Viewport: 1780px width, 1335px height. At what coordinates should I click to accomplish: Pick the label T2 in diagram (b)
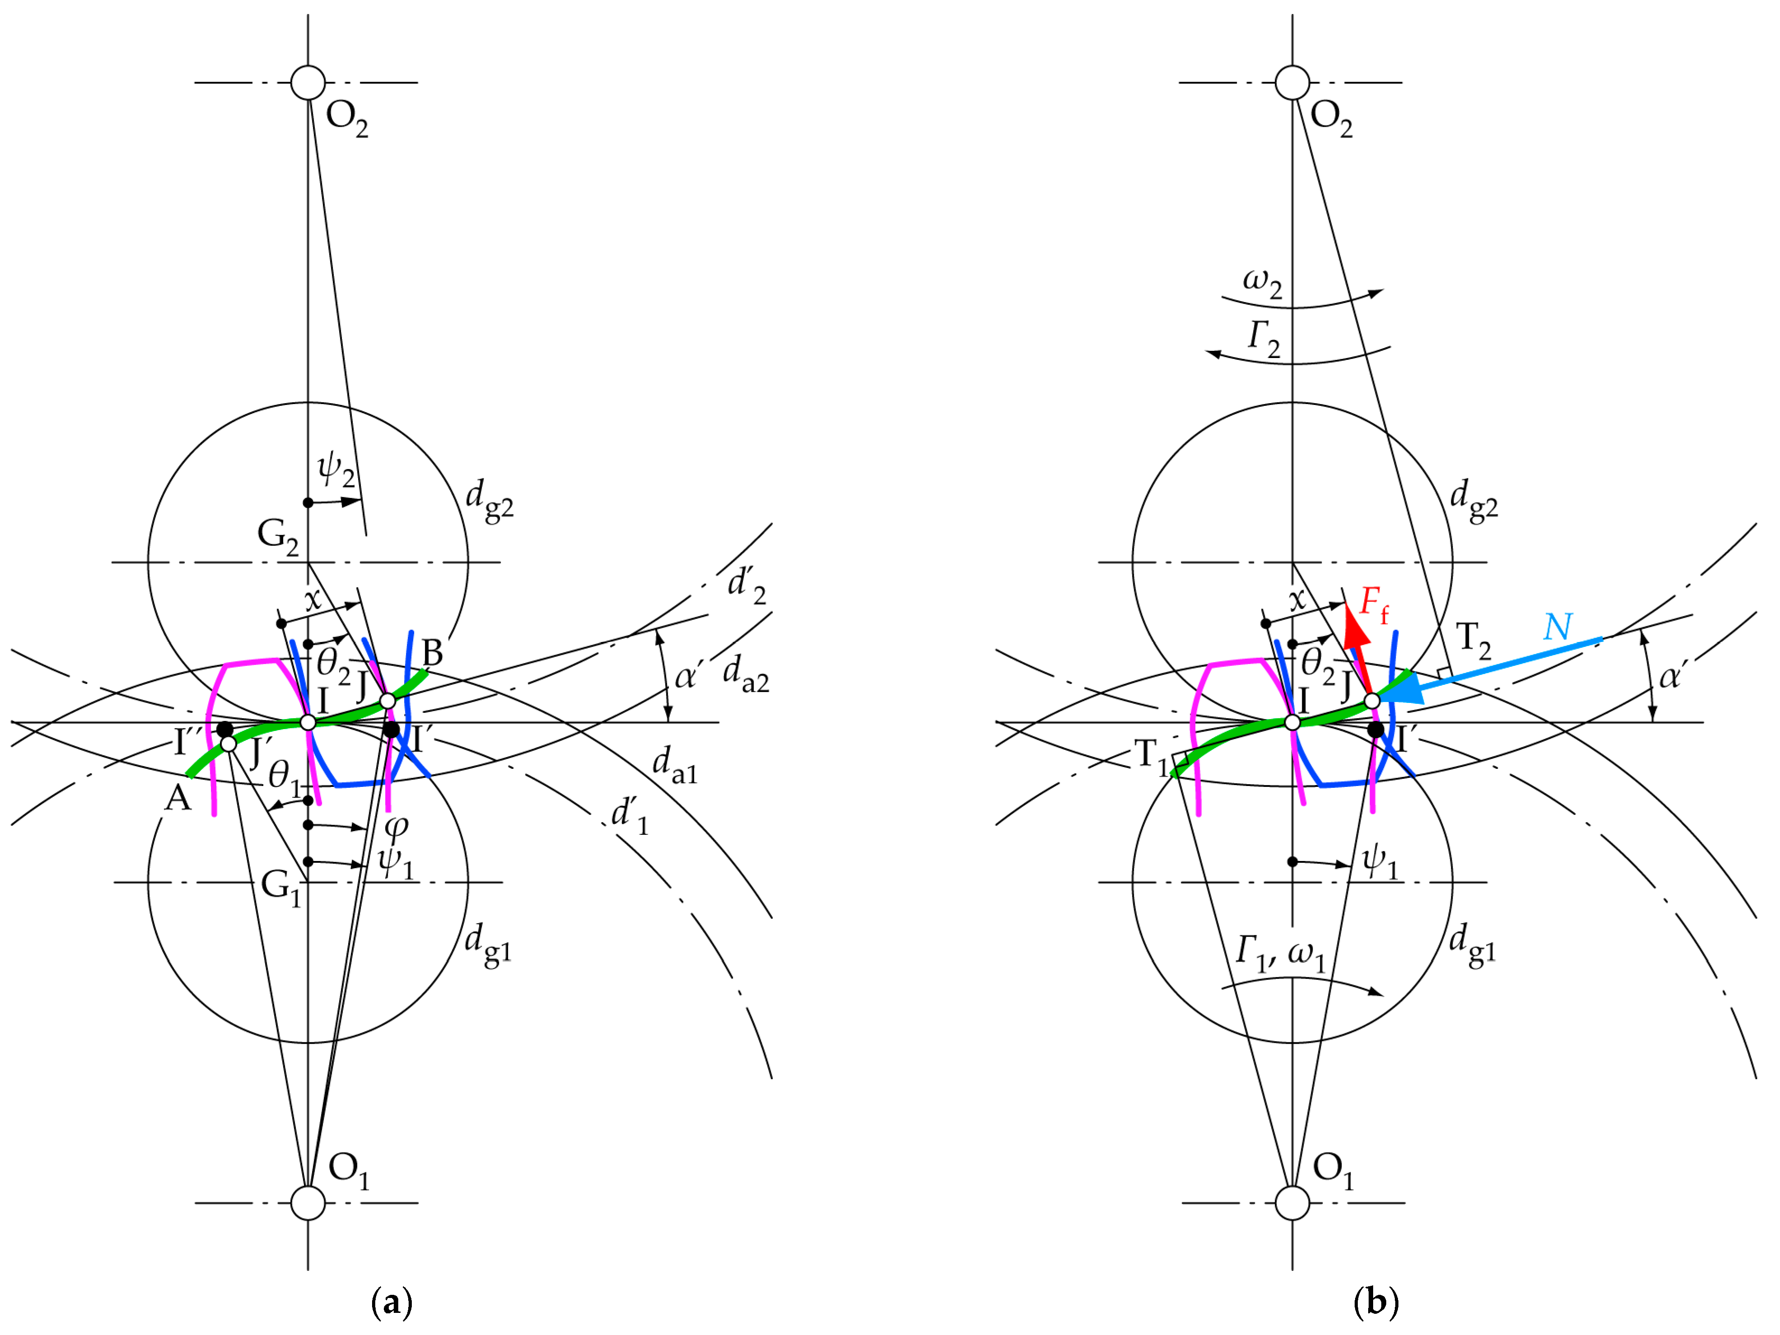[x=1472, y=640]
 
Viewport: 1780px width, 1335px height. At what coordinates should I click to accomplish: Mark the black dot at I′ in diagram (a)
[x=391, y=730]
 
